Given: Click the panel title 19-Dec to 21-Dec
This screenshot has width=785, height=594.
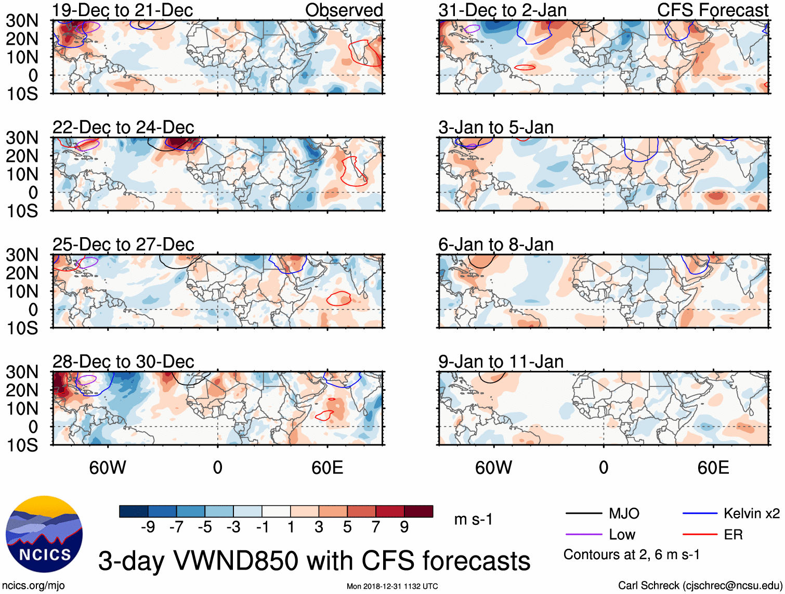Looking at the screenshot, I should pyautogui.click(x=123, y=10).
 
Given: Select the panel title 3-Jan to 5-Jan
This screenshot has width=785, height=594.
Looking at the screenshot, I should pyautogui.click(x=496, y=127).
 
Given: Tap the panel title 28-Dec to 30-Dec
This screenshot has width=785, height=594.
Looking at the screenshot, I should pyautogui.click(x=123, y=361).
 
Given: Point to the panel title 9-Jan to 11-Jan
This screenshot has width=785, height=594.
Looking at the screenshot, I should pyautogui.click(x=501, y=361).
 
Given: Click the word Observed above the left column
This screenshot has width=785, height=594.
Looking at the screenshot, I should pyautogui.click(x=344, y=10).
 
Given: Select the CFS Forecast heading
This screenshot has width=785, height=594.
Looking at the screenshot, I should pyautogui.click(x=712, y=10).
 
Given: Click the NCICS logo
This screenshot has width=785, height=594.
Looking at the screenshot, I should pyautogui.click(x=44, y=534).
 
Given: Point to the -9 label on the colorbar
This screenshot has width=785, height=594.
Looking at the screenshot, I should pyautogui.click(x=148, y=527).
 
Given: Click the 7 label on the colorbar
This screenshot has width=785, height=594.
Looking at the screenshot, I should pyautogui.click(x=376, y=527).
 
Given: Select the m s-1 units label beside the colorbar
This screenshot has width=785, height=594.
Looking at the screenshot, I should pyautogui.click(x=473, y=519).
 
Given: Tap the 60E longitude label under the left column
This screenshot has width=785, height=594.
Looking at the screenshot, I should pyautogui.click(x=327, y=468).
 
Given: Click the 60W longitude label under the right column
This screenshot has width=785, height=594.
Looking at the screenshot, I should pyautogui.click(x=493, y=468).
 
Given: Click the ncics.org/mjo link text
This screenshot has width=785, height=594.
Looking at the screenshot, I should pyautogui.click(x=33, y=586).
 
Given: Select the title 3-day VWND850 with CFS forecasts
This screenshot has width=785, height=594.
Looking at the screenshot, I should pyautogui.click(x=314, y=561).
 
